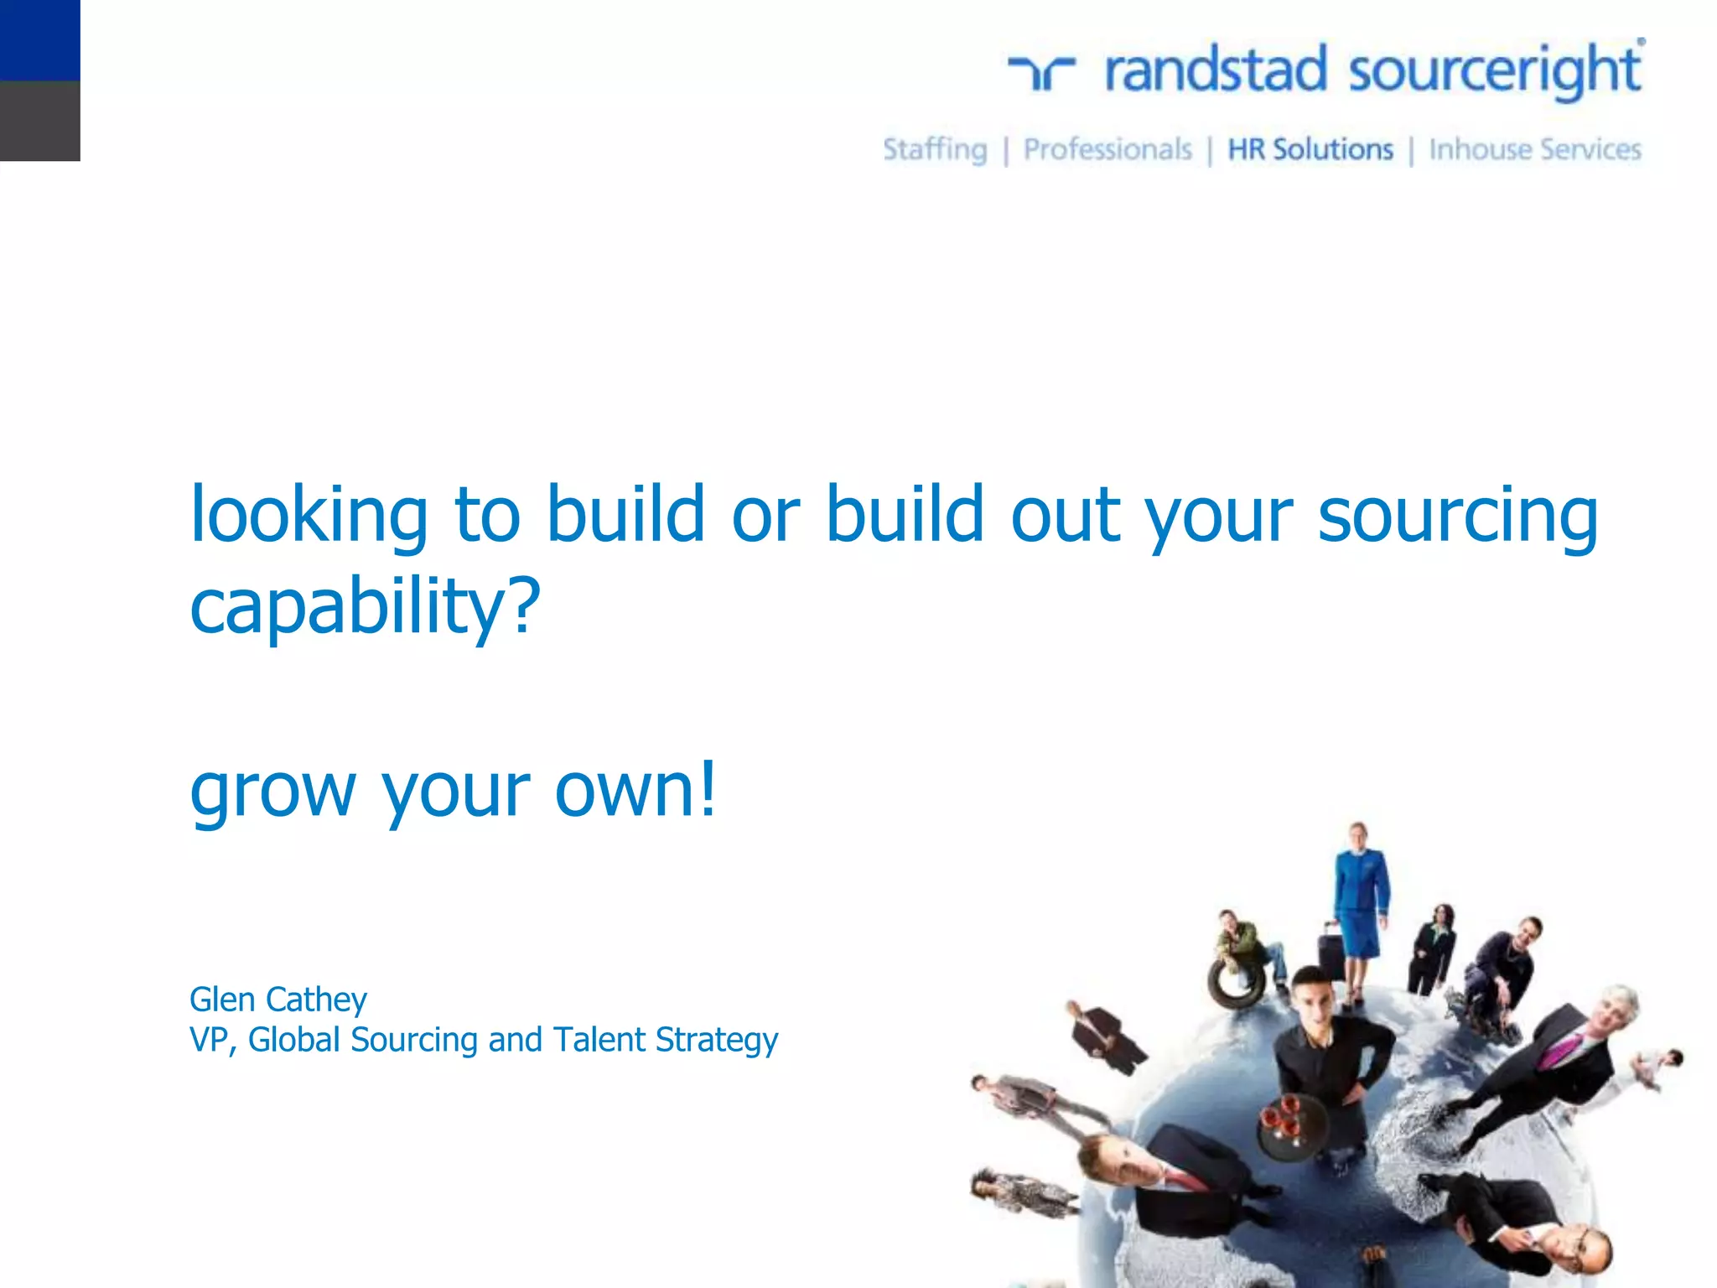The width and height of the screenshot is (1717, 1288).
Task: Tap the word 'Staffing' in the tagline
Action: (935, 150)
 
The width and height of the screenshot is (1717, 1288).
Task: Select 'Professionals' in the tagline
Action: (1107, 150)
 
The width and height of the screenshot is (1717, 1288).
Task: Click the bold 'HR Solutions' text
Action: (1310, 150)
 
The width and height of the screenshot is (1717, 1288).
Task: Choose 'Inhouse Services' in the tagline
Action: (1534, 150)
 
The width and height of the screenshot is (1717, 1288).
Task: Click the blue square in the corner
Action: (39, 39)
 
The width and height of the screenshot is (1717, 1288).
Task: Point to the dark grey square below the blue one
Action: (39, 121)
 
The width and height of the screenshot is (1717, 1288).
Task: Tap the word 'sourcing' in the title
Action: (1457, 515)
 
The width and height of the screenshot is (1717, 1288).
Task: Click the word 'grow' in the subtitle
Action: (272, 791)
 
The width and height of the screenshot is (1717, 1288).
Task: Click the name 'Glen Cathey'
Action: (278, 1000)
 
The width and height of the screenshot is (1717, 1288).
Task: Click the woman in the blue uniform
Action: (1361, 901)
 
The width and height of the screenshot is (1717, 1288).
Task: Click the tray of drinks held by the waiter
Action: (1292, 1125)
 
